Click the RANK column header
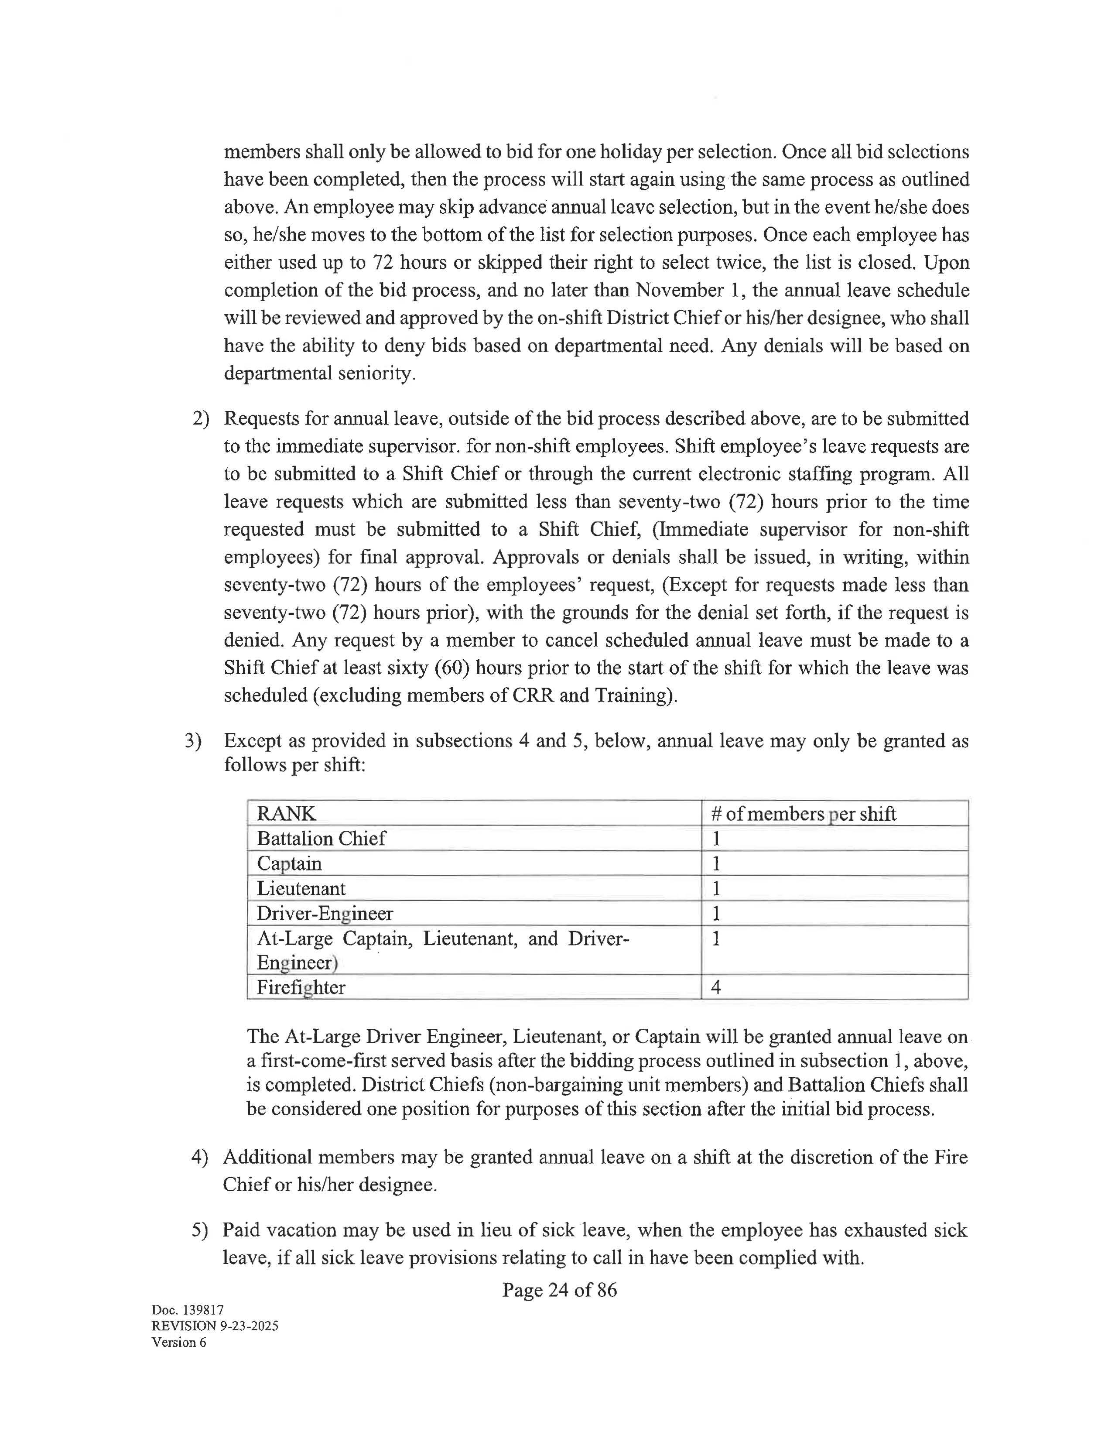pos(286,813)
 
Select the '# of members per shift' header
pos(803,813)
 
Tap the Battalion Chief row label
pos(321,839)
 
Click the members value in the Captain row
pos(715,863)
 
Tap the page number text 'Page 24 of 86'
pos(559,1289)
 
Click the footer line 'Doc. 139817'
pos(188,1310)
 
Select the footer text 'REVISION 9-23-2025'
pos(215,1326)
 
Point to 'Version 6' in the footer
pos(179,1342)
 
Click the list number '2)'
pos(201,418)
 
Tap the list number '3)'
pos(193,741)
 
